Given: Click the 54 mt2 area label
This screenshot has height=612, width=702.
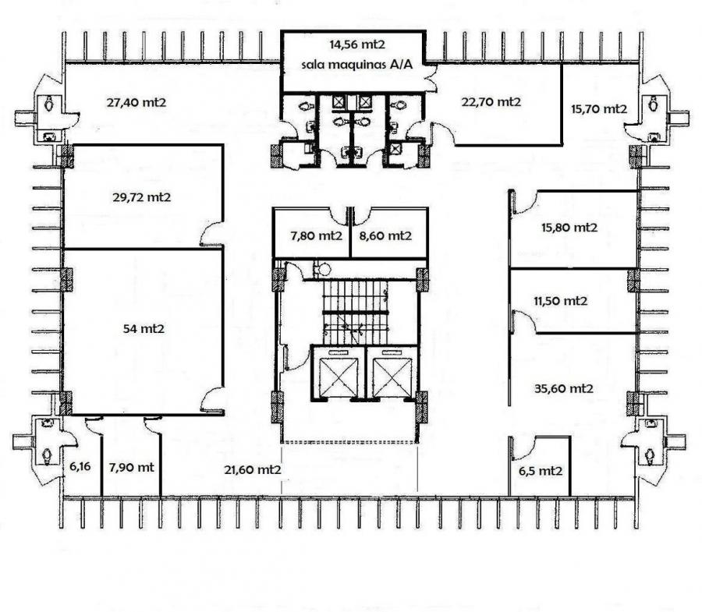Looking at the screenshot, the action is pyautogui.click(x=144, y=329).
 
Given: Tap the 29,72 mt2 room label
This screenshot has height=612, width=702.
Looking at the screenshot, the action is pyautogui.click(x=141, y=197).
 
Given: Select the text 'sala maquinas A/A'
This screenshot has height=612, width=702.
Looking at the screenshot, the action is pyautogui.click(x=356, y=65).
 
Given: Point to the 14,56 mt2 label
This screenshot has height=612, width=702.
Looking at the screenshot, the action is pyautogui.click(x=357, y=44).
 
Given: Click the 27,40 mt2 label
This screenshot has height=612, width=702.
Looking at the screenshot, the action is pyautogui.click(x=136, y=102).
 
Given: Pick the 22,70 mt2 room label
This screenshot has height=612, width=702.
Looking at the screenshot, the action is pyautogui.click(x=491, y=102).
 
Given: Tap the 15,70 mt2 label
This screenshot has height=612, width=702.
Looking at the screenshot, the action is pyautogui.click(x=599, y=108).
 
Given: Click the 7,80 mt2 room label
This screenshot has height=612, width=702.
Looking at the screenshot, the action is pyautogui.click(x=316, y=235).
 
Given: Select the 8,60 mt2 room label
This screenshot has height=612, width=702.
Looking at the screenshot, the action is pyautogui.click(x=385, y=235).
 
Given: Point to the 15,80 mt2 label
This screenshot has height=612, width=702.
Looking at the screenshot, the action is pyautogui.click(x=569, y=228).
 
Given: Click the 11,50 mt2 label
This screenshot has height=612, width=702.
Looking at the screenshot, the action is pyautogui.click(x=560, y=301).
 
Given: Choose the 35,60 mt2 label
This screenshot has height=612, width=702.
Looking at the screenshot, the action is pyautogui.click(x=564, y=388).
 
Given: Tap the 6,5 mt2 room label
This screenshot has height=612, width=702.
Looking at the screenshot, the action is pyautogui.click(x=541, y=471).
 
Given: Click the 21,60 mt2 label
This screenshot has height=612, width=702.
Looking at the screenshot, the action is pyautogui.click(x=253, y=470).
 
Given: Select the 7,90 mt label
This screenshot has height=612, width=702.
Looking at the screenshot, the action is pyautogui.click(x=131, y=468).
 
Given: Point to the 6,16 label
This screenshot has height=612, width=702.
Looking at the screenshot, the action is pyautogui.click(x=80, y=467).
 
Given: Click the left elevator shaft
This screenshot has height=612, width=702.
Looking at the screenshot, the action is pyautogui.click(x=339, y=373).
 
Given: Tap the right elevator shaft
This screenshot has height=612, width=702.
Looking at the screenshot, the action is pyautogui.click(x=392, y=373).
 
